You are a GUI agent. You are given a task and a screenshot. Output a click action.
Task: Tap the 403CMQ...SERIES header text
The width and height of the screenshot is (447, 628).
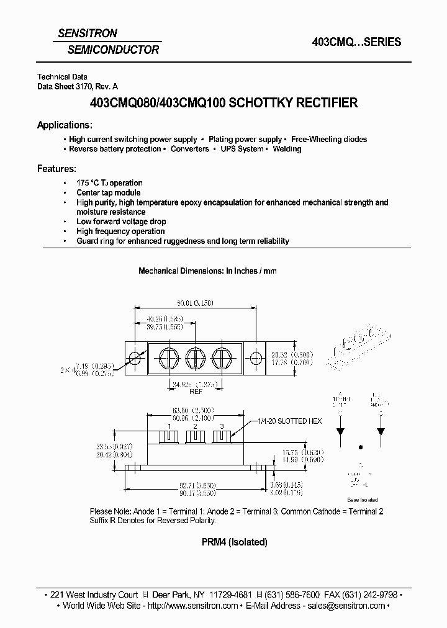click(x=356, y=42)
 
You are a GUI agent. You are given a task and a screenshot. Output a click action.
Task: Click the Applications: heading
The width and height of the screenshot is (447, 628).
click(x=65, y=125)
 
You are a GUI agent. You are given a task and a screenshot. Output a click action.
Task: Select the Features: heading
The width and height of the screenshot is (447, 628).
click(x=56, y=168)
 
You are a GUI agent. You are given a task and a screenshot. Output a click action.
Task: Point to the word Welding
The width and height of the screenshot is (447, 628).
click(x=287, y=150)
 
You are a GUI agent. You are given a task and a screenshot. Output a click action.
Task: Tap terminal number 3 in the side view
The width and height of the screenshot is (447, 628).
click(x=221, y=428)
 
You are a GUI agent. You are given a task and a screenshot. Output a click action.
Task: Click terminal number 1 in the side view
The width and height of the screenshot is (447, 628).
click(x=169, y=428)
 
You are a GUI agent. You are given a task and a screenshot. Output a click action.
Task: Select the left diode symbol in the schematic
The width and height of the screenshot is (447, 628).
click(x=340, y=430)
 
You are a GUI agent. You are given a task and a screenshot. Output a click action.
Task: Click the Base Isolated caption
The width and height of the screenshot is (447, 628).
click(x=362, y=500)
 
